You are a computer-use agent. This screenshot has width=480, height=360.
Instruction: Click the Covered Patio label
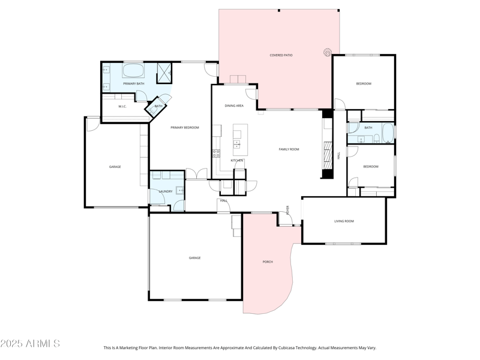coord(280,55)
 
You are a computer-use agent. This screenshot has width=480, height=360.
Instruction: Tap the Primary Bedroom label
coord(184,127)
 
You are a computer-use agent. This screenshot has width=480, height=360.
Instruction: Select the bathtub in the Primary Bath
coord(133,71)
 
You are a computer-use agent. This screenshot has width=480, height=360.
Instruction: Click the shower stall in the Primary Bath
coord(164,73)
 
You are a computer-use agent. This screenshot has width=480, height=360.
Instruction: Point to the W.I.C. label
coord(122,107)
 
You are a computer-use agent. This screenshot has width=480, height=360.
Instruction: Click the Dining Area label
coord(234,106)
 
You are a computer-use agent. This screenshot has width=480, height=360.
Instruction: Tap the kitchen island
coord(240,137)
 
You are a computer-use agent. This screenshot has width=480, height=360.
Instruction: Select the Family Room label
coord(289,149)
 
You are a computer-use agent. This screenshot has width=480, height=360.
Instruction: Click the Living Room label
coord(344,221)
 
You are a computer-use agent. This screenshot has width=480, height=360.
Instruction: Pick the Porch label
coord(268,262)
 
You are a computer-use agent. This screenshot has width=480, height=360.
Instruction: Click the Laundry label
coord(166,191)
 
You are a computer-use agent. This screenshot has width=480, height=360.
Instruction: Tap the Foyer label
coord(288,210)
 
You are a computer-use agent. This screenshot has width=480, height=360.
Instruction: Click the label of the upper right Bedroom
coord(364,83)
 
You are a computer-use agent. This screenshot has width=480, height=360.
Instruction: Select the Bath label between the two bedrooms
coord(368,127)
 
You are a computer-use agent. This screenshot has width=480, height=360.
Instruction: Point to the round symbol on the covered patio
coord(328,52)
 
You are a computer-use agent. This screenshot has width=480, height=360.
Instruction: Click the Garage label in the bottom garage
coord(194,258)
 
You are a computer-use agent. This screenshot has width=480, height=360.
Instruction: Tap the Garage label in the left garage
coord(115,167)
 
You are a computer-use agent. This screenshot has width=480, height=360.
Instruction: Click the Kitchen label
coord(237,160)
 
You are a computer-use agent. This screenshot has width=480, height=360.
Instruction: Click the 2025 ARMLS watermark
coord(30,343)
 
